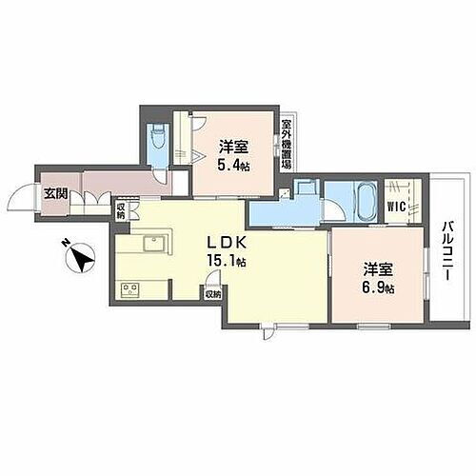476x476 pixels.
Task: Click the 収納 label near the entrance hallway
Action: coord(122,210)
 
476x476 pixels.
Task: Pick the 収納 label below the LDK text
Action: coord(210,295)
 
